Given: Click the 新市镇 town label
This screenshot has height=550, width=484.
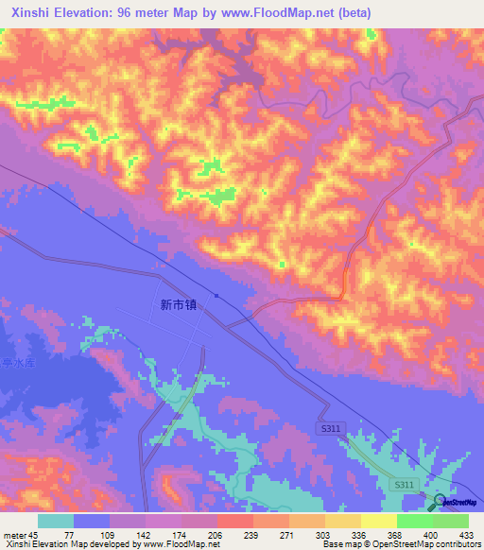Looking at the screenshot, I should [x=178, y=305].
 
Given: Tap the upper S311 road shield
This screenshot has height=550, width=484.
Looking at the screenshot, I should [x=326, y=429].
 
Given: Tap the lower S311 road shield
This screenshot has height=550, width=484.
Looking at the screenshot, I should [x=404, y=485].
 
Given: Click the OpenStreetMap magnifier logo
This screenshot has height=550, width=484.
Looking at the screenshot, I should [x=440, y=501].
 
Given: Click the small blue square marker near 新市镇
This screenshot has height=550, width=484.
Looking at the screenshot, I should [x=217, y=295].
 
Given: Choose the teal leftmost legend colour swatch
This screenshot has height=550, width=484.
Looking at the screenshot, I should [x=56, y=521].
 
